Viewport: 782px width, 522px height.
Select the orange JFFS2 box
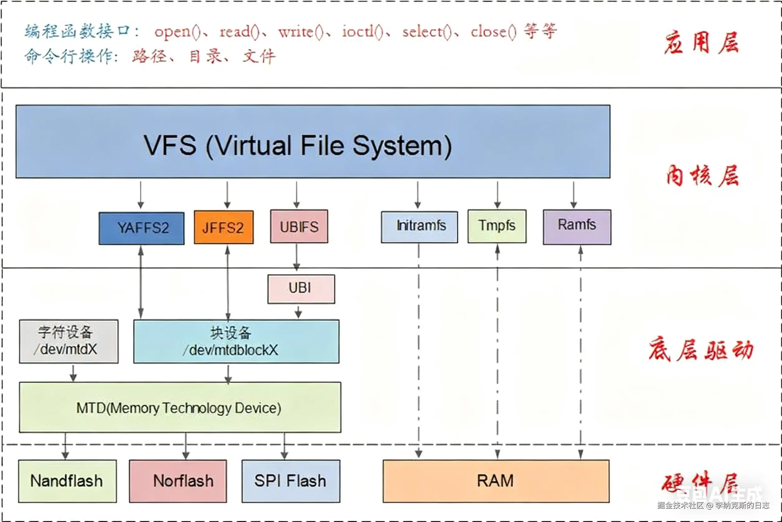[224, 227]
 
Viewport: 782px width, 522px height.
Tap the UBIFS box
[299, 226]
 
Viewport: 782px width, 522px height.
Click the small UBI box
[301, 289]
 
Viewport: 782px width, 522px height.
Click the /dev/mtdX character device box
[69, 341]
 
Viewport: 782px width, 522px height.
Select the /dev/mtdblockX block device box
[236, 341]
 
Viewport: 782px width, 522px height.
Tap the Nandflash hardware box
[67, 481]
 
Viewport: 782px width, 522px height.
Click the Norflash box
[178, 481]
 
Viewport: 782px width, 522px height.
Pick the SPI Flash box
[291, 481]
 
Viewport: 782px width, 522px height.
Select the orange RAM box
[496, 481]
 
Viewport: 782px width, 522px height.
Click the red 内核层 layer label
[702, 176]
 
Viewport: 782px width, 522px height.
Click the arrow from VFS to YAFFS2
[141, 195]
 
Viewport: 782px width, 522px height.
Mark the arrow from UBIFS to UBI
[297, 257]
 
